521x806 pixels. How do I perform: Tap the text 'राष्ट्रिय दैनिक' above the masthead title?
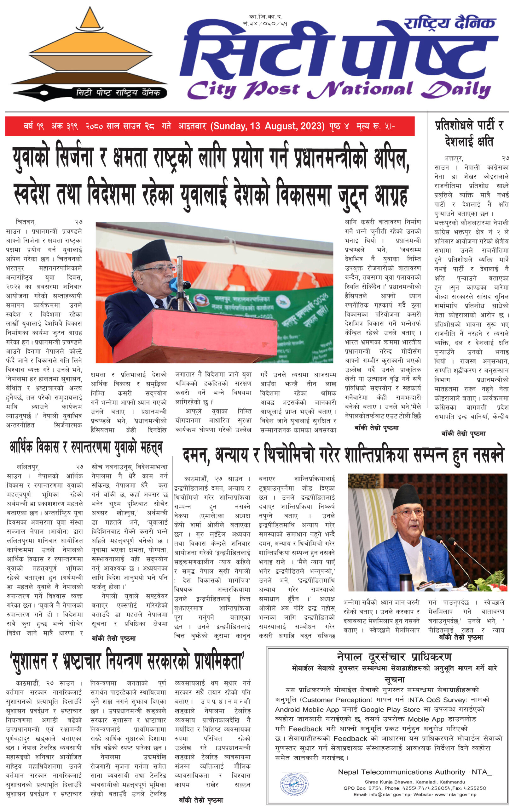(450, 23)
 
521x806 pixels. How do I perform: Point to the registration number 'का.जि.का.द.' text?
(266, 17)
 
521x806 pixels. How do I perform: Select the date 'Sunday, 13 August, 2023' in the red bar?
(267, 126)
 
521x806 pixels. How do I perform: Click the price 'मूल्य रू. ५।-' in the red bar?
(375, 126)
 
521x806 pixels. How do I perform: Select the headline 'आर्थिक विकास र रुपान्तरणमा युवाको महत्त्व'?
(86, 447)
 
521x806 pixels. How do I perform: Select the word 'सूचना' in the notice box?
(394, 679)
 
